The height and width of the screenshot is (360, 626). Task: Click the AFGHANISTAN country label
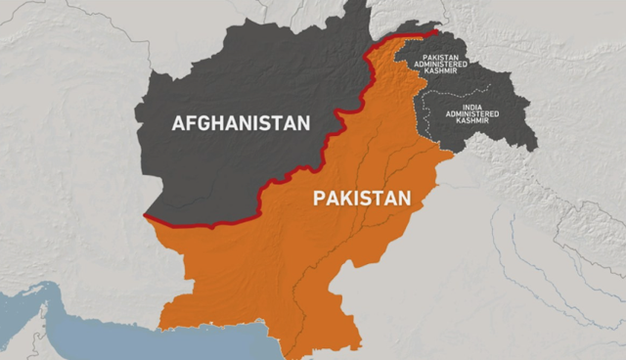pos(241,123)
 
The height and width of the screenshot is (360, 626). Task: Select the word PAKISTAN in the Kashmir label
pos(445,57)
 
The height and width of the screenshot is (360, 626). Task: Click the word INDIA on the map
pos(472,105)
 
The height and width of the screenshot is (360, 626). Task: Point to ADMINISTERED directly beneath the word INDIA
pos(472,113)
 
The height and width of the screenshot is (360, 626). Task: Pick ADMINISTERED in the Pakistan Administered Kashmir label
pos(445,66)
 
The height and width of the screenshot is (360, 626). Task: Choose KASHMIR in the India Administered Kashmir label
pos(472,122)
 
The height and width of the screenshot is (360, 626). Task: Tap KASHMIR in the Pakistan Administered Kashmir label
pos(445,74)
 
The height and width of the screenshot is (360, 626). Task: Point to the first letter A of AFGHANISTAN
pos(178,123)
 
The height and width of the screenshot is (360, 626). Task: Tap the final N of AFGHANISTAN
pos(303,123)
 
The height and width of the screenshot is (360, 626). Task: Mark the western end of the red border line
pos(146,216)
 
